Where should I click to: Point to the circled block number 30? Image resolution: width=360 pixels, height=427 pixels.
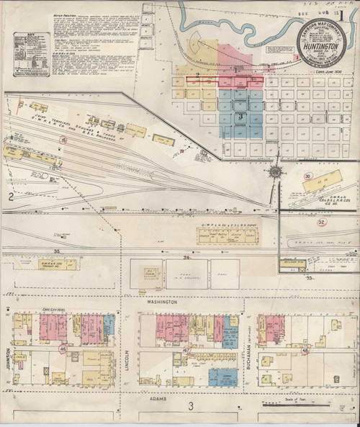coord(308,176)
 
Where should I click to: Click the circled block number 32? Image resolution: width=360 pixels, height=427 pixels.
coord(321,223)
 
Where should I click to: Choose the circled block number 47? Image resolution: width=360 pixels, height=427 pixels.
coord(187,351)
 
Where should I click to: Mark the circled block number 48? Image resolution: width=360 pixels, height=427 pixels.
coord(306,351)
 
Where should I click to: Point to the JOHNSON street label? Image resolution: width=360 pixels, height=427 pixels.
coord(6,353)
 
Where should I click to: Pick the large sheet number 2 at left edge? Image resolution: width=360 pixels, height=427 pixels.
coord(10,196)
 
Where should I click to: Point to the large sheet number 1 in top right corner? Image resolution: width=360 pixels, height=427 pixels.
coord(351,13)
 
